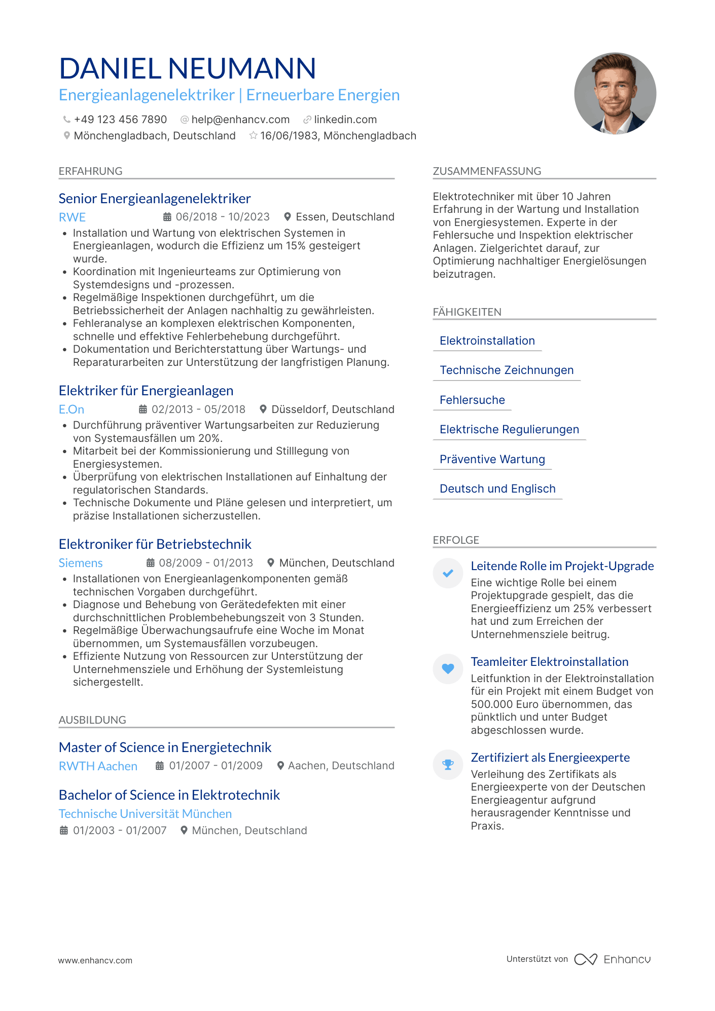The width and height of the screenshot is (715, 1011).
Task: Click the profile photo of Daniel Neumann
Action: tap(615, 94)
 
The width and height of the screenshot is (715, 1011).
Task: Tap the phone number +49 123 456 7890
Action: tap(120, 120)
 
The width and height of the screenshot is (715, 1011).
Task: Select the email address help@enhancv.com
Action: tap(240, 120)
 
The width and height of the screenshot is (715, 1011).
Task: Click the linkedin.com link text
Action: tap(345, 120)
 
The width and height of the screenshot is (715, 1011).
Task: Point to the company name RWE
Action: tap(72, 217)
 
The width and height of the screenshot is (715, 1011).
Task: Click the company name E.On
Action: tap(71, 409)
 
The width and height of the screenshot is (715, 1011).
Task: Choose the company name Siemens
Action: tap(81, 563)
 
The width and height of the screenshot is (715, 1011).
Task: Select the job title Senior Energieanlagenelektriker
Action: tap(155, 199)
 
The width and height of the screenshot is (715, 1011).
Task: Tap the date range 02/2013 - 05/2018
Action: tap(198, 409)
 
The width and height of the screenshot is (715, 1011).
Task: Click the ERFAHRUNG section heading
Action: tap(91, 171)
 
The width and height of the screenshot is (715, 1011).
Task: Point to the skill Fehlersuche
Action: tap(472, 400)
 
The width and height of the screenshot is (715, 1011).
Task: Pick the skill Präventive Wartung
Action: tap(492, 459)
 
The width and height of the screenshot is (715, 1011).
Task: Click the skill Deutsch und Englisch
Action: tap(497, 489)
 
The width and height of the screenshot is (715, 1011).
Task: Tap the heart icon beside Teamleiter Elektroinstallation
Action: tap(448, 668)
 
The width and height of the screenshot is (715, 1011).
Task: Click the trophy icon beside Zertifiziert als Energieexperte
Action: tap(448, 764)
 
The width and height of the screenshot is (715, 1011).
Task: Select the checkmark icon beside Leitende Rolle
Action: tap(448, 573)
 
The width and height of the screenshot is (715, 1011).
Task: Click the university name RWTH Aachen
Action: tap(98, 766)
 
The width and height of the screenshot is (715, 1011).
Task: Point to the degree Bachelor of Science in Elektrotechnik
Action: tap(169, 795)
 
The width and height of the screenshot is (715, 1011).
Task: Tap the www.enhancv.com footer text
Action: tap(95, 960)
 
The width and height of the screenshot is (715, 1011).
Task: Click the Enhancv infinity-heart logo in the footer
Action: tap(586, 959)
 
